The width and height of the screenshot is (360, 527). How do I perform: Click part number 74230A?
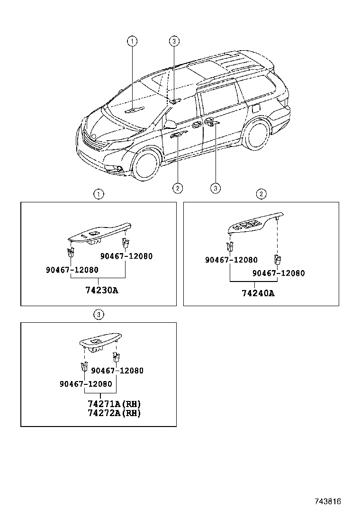101,290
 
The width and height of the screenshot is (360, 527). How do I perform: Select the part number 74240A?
258,293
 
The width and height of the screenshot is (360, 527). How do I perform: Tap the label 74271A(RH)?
114,404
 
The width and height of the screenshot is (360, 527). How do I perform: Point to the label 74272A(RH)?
114,413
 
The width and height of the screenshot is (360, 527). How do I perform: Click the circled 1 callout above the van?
132,42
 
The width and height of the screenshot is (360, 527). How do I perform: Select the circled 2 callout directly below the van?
177,188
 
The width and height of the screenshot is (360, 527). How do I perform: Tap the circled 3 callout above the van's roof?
174,42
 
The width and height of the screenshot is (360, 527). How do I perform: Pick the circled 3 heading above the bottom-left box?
98,314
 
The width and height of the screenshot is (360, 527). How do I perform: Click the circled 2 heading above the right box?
261,193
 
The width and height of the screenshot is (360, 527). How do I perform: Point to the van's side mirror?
169,125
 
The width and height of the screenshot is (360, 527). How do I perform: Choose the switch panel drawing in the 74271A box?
99,342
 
